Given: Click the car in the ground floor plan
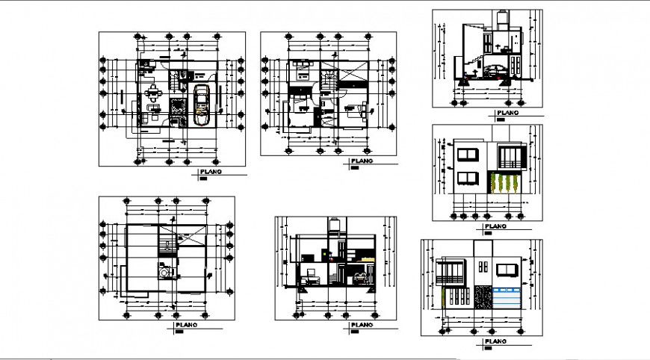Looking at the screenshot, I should pyautogui.click(x=201, y=105).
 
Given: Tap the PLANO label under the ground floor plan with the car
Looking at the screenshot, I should pyautogui.click(x=209, y=173).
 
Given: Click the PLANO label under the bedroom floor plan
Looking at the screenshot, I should pyautogui.click(x=362, y=161).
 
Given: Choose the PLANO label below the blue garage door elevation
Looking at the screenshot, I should pyautogui.click(x=496, y=341).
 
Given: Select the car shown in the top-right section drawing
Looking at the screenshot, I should pyautogui.click(x=494, y=72).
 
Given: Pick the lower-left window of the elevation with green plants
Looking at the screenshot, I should pyautogui.click(x=467, y=178).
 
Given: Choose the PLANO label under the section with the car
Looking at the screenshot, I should pyautogui.click(x=508, y=114).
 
